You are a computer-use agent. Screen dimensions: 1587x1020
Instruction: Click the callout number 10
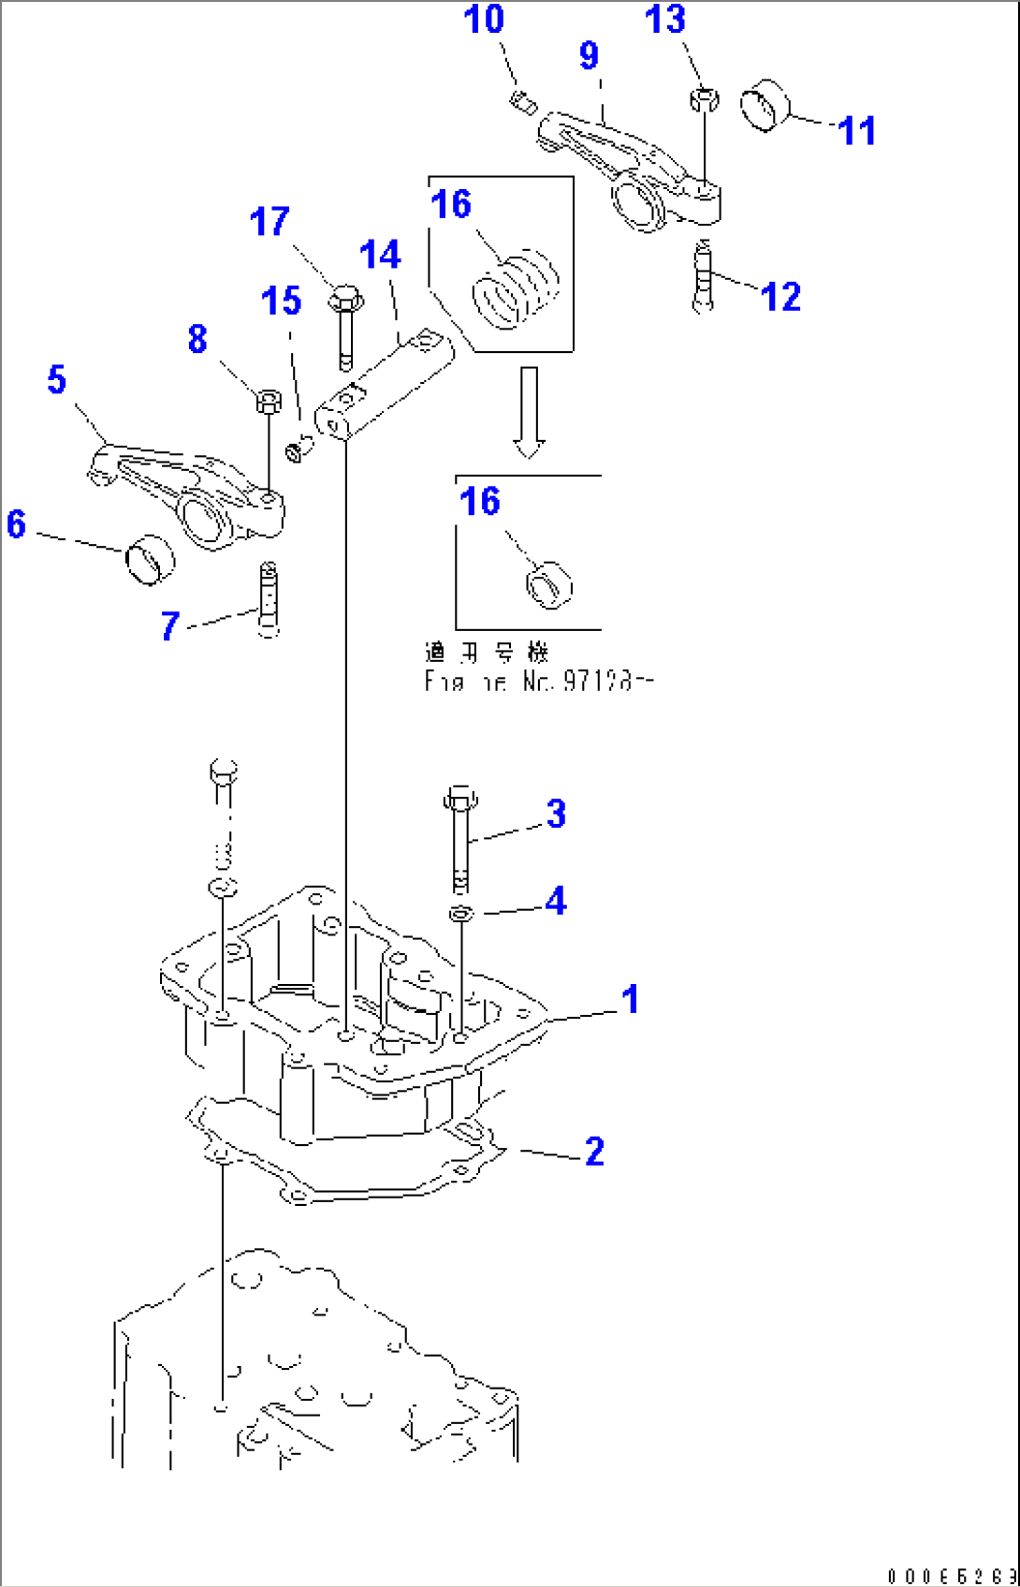coord(484,20)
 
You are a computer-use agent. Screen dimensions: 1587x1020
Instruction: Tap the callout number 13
coord(664,20)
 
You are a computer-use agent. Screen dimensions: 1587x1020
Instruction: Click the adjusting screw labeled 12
coord(704,276)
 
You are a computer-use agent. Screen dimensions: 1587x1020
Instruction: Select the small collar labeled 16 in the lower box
coord(549,585)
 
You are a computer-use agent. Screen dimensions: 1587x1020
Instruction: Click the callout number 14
coord(380,255)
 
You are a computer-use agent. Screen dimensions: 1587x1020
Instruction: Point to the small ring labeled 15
coord(296,451)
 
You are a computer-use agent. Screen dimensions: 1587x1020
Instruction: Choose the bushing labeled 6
coord(150,560)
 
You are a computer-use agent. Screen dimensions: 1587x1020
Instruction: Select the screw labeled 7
coord(268,599)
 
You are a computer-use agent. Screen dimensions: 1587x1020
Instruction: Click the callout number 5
coord(57,380)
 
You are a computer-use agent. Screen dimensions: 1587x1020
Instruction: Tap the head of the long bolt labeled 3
coord(459,799)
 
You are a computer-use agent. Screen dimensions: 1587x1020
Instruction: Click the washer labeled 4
coord(461,913)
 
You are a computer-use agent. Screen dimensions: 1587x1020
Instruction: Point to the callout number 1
coord(631,999)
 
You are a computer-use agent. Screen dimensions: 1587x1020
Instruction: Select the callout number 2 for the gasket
coord(595,1152)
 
